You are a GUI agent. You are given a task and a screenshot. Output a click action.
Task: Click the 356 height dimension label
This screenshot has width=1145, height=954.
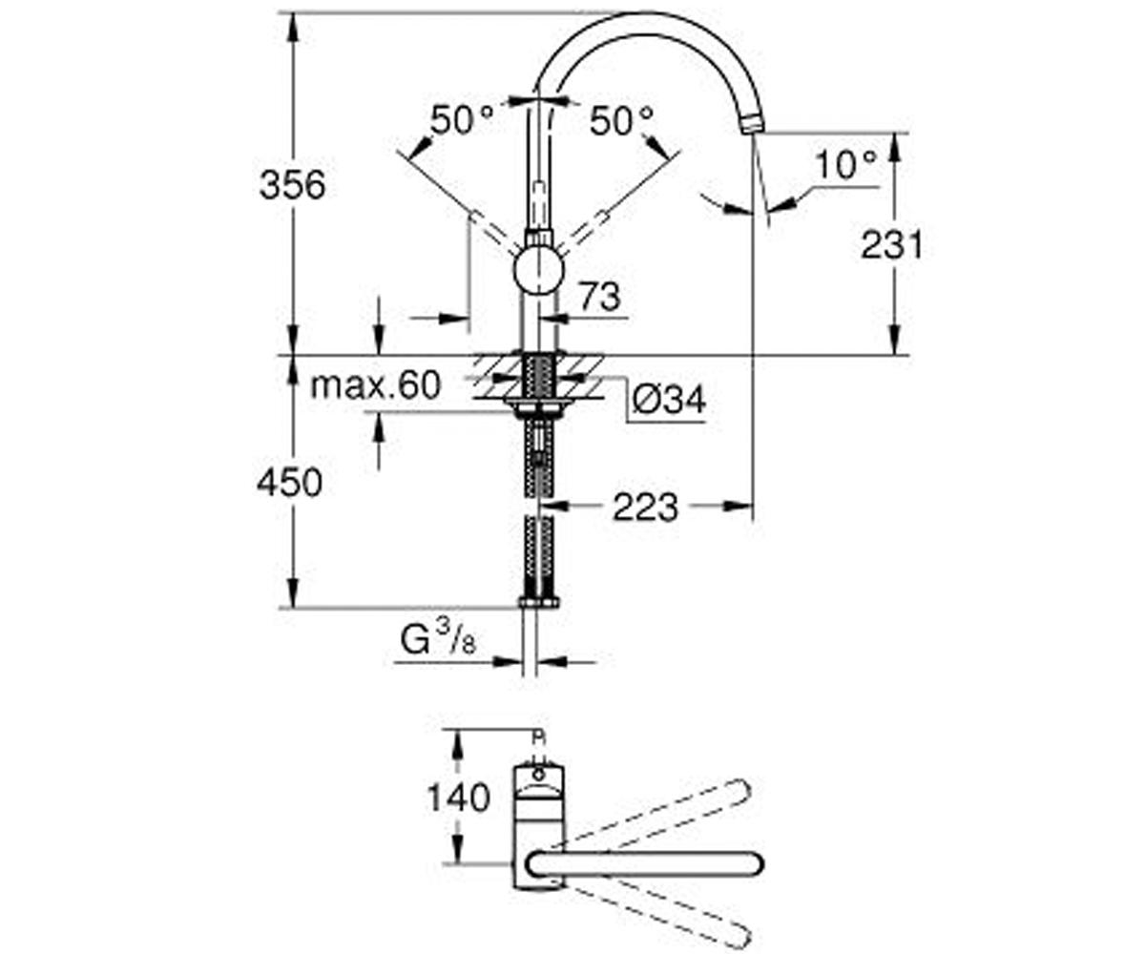click(292, 185)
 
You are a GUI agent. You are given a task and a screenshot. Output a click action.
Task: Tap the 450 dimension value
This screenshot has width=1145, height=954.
click(290, 483)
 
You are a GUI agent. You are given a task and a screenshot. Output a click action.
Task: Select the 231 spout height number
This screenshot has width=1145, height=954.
click(892, 244)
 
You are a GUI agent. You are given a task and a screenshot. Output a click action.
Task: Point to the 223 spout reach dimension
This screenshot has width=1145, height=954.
click(645, 508)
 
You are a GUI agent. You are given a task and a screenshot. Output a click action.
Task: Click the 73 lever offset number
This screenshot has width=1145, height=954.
click(600, 297)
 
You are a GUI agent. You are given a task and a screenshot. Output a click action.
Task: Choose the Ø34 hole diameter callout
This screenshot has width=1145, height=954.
click(669, 400)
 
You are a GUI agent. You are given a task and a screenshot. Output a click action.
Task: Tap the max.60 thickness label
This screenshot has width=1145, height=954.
click(376, 384)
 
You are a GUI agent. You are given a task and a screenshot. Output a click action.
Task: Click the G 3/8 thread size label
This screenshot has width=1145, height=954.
click(439, 639)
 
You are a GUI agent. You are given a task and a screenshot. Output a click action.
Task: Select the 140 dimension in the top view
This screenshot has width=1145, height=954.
click(458, 798)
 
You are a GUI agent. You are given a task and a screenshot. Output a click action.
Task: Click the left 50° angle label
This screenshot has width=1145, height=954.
click(462, 120)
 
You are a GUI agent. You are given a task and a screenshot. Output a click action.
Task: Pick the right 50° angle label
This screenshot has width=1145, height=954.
click(621, 120)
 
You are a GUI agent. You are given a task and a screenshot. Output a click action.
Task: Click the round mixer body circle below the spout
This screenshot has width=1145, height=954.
click(539, 270)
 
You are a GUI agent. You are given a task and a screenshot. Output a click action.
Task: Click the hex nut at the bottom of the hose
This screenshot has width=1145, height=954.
click(539, 601)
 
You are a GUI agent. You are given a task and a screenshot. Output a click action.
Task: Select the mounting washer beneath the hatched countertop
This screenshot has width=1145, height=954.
click(539, 405)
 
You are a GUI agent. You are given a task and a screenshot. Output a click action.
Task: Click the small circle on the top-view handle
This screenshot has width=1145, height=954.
click(540, 775)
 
